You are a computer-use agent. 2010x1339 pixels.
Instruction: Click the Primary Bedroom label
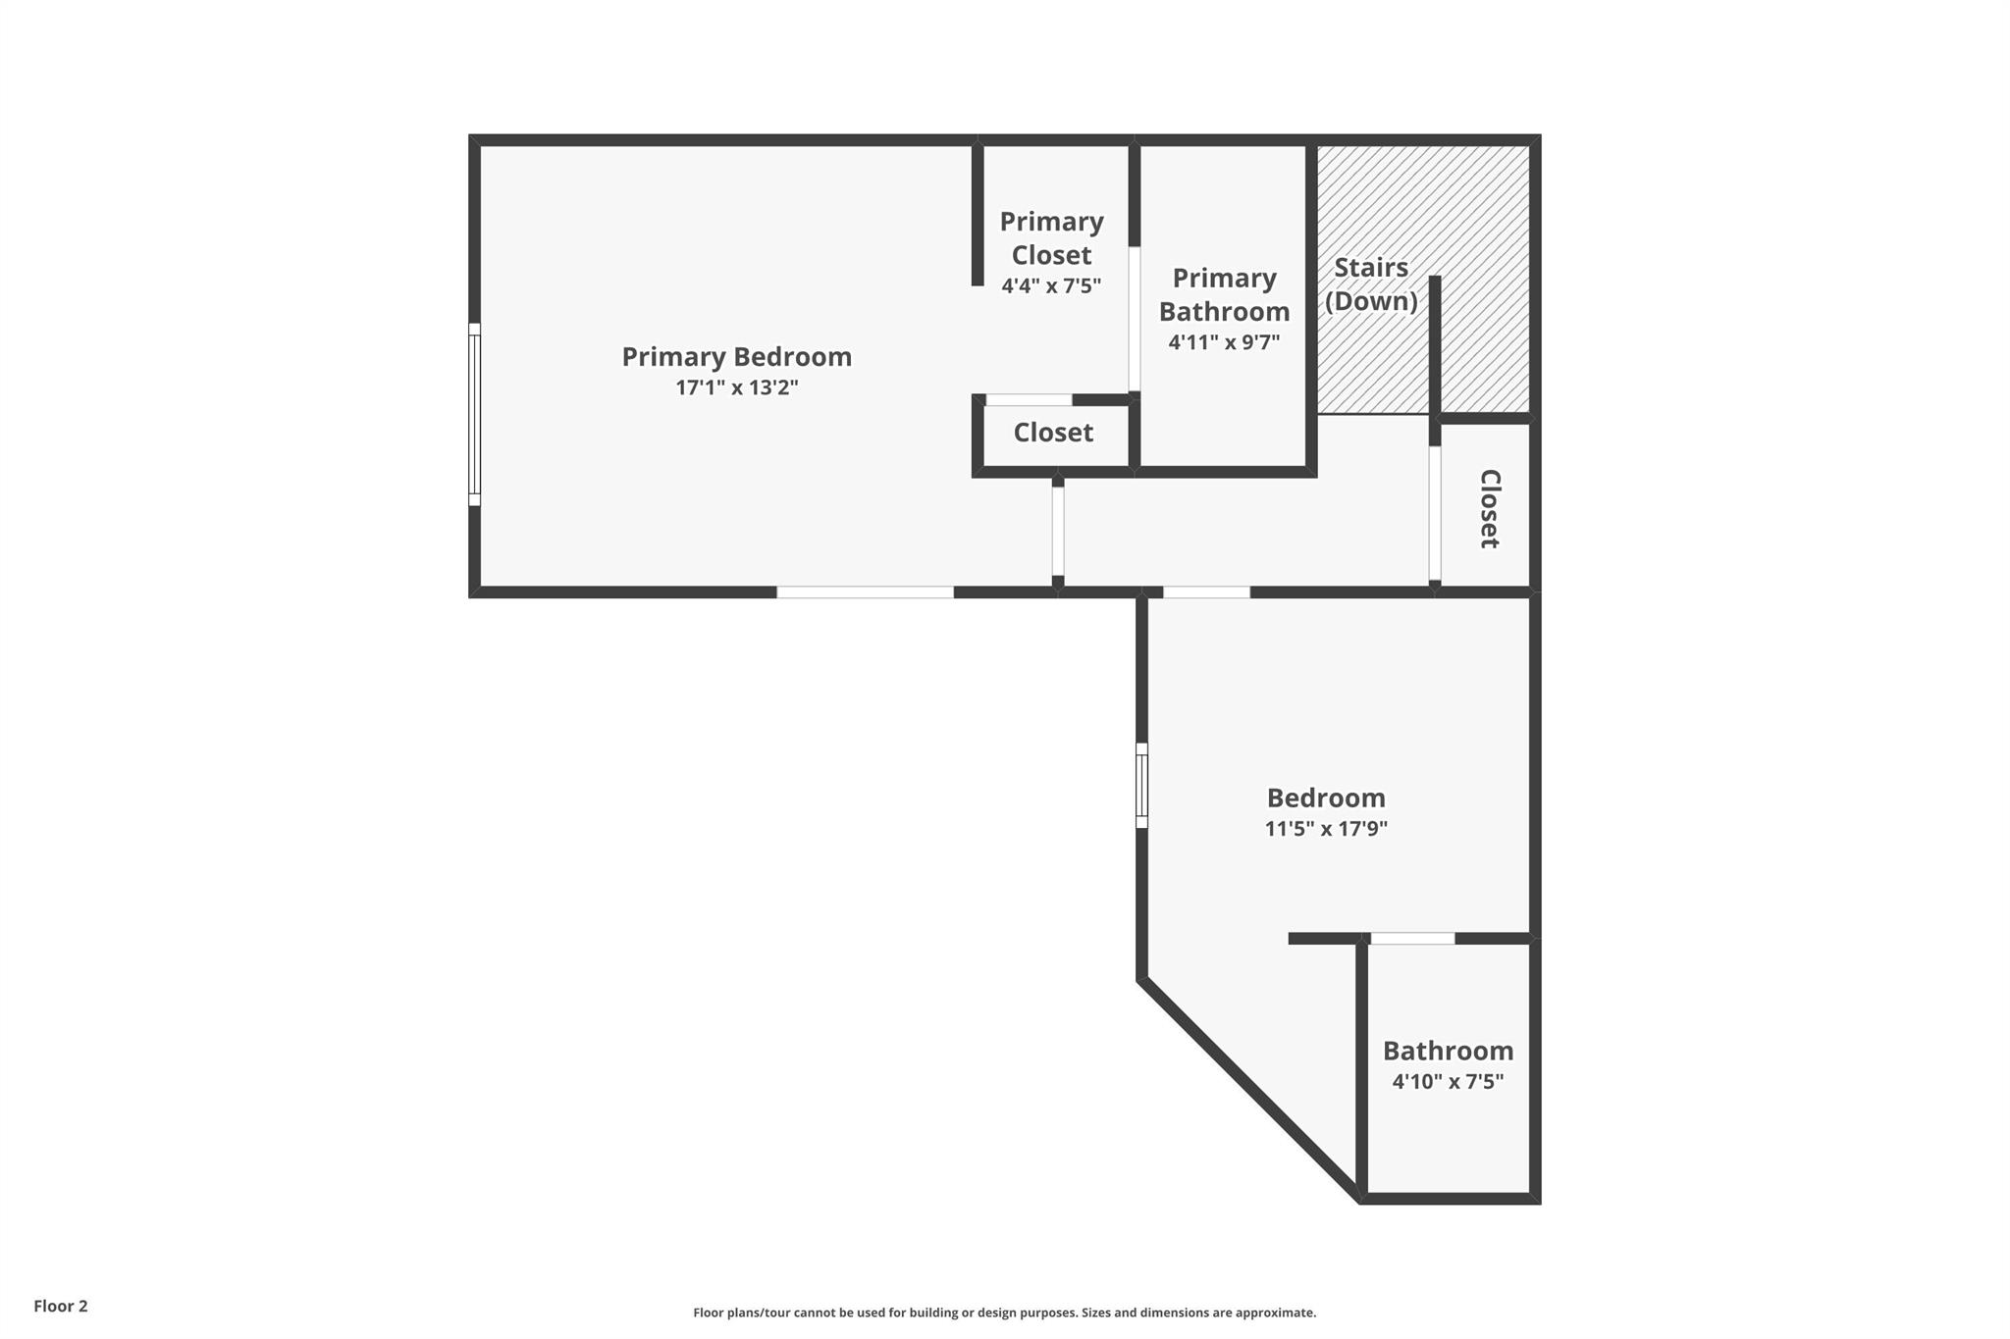click(736, 357)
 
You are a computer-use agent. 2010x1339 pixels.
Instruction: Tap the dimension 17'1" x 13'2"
click(736, 387)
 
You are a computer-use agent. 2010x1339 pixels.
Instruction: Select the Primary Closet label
click(1051, 238)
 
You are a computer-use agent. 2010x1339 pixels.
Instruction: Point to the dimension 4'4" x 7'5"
click(1051, 286)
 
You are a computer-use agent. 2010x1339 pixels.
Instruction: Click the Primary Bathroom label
click(1224, 294)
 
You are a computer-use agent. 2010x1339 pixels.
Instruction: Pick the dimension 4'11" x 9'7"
click(1224, 342)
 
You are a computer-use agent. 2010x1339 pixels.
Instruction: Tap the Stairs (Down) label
click(1371, 283)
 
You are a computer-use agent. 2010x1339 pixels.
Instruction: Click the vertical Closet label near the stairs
click(1489, 508)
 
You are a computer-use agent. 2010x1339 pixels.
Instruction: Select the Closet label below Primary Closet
click(1053, 433)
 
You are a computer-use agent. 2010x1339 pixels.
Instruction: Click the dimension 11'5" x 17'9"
click(1326, 829)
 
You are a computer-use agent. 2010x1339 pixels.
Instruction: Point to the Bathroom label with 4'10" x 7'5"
click(1448, 1051)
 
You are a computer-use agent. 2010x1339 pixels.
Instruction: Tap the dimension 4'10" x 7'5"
click(1448, 1082)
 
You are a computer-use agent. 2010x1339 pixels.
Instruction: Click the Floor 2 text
click(61, 1307)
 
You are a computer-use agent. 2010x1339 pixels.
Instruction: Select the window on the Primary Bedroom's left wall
click(474, 414)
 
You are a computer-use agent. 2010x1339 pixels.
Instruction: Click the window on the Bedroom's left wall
click(1141, 786)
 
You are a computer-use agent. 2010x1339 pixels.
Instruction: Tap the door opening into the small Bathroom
click(1412, 939)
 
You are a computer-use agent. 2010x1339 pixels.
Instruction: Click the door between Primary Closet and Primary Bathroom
click(1134, 319)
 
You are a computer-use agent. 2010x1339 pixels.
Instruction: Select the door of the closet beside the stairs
click(1434, 514)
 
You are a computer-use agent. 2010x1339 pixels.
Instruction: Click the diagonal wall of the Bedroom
click(1250, 1089)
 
